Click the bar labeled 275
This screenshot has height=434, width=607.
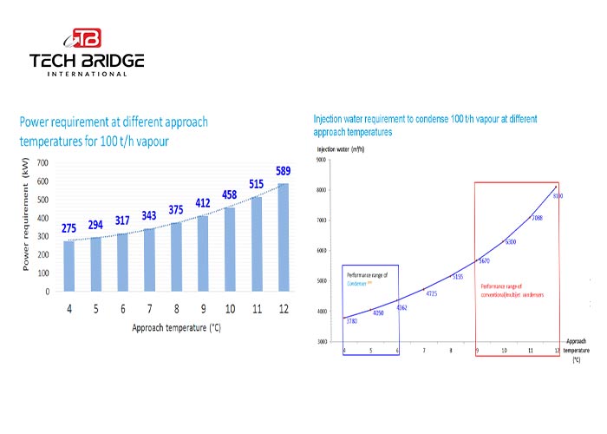click(69, 266)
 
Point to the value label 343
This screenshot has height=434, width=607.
click(148, 216)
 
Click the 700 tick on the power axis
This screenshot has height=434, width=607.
click(42, 162)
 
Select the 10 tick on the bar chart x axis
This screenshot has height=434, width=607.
click(229, 308)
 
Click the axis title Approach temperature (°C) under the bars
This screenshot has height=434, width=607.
click(174, 328)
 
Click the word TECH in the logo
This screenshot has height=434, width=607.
click(55, 61)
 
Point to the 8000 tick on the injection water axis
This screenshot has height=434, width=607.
click(323, 190)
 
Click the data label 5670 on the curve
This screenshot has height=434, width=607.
click(485, 260)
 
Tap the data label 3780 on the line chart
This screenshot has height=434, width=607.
click(352, 321)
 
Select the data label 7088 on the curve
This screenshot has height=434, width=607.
click(537, 218)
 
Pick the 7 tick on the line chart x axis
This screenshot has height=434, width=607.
click(424, 350)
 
